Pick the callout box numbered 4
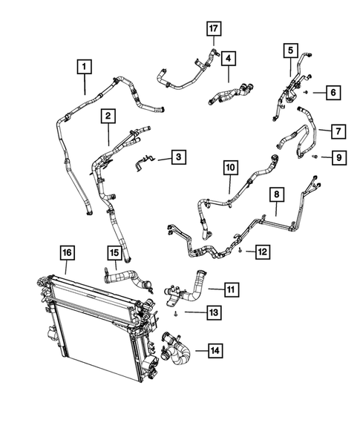[229, 57]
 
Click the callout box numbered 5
[290, 50]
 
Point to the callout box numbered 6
[333, 92]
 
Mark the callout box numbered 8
[277, 195]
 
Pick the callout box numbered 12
[261, 252]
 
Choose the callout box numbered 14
[215, 349]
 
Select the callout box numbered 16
[67, 254]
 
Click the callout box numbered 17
[214, 29]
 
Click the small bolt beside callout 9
[315, 157]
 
